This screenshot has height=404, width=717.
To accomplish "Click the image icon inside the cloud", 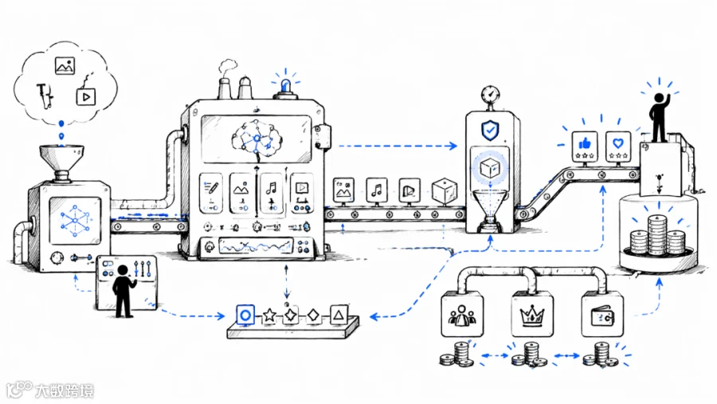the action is (x=65, y=65).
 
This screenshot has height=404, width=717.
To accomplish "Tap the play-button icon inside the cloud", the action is (x=85, y=96).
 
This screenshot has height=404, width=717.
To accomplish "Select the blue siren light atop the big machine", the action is (x=286, y=85).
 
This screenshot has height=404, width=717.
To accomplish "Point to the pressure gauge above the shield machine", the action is (x=490, y=95).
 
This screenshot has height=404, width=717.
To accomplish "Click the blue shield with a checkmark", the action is (x=490, y=131).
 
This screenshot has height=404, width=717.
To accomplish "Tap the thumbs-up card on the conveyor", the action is (x=585, y=147).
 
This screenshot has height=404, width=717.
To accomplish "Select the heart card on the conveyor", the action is (x=617, y=147).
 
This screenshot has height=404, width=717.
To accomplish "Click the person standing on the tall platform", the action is (x=659, y=117).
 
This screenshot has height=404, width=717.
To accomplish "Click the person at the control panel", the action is (x=123, y=291).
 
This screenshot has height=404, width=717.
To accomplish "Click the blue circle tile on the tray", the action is (x=245, y=316).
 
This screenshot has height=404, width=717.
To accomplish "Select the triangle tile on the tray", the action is (x=339, y=315).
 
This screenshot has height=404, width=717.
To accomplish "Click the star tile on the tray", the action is (x=269, y=315).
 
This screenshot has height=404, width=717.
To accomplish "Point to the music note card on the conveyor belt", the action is (x=377, y=190).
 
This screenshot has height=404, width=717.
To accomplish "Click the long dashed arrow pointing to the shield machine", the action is (x=398, y=146).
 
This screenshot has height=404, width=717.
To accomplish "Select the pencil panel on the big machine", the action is (x=211, y=193).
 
